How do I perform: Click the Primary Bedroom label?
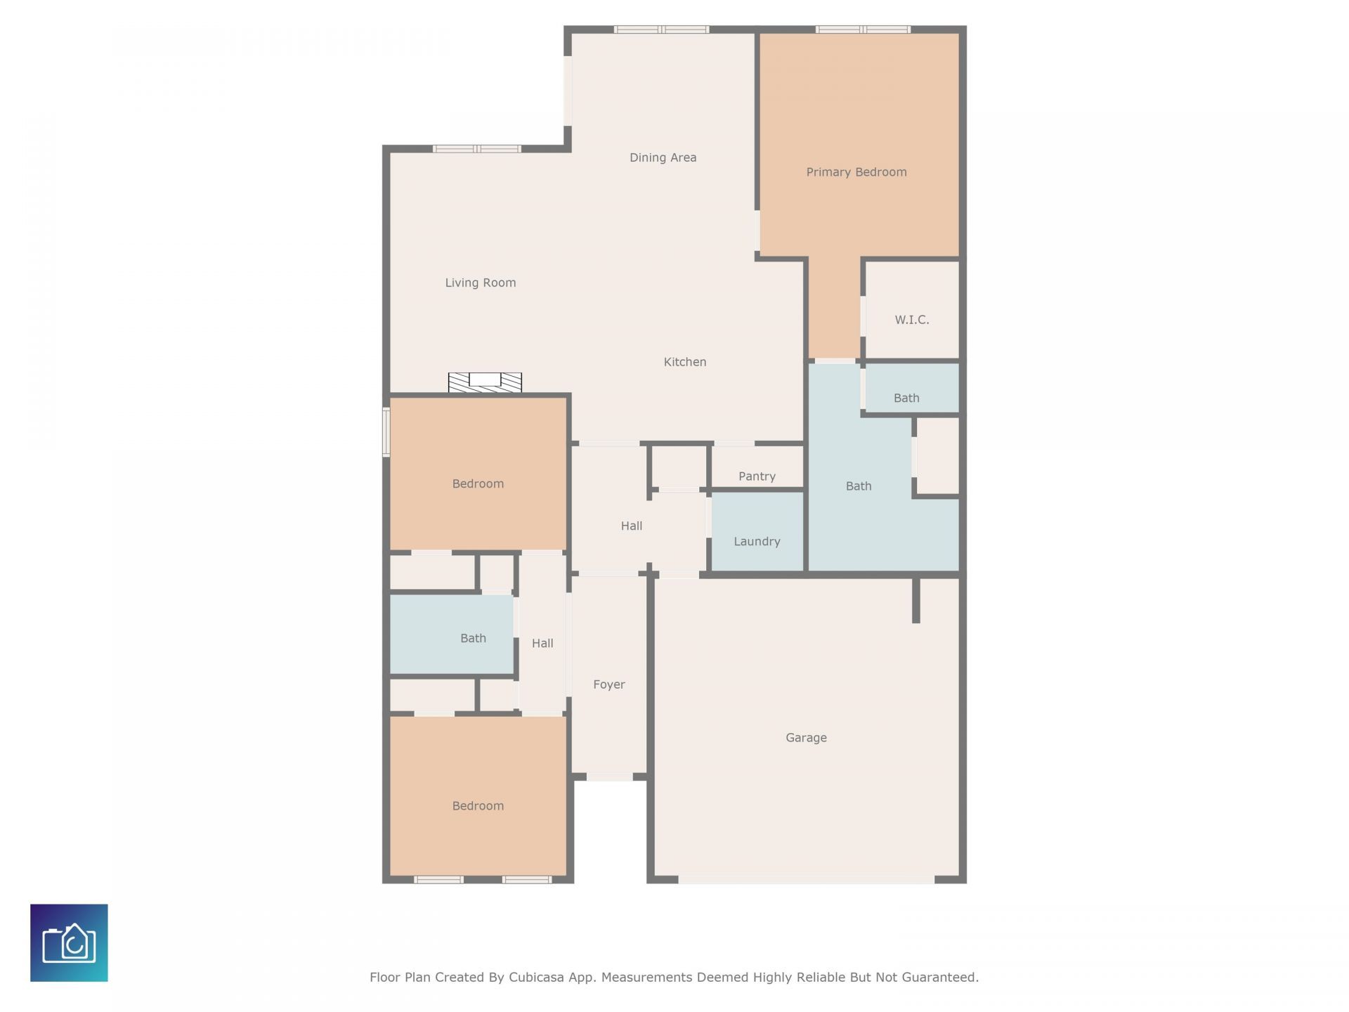(856, 172)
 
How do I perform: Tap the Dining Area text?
(663, 157)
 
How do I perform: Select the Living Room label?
(480, 283)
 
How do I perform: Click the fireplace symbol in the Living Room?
(485, 382)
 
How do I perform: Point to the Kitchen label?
(684, 362)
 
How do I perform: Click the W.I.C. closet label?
(911, 320)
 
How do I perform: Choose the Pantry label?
(757, 476)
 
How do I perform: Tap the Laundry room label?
(757, 541)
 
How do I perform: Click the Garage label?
(806, 737)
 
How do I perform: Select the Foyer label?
(608, 685)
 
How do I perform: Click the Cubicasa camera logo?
(69, 942)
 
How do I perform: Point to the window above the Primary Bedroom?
(863, 30)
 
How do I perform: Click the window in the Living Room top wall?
(476, 148)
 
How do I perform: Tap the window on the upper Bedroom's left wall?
(386, 432)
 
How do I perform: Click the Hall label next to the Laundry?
(631, 526)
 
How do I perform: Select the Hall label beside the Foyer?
(542, 643)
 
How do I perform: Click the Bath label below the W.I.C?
(906, 398)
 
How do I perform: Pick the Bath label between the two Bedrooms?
(473, 638)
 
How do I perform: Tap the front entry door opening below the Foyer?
(609, 777)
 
